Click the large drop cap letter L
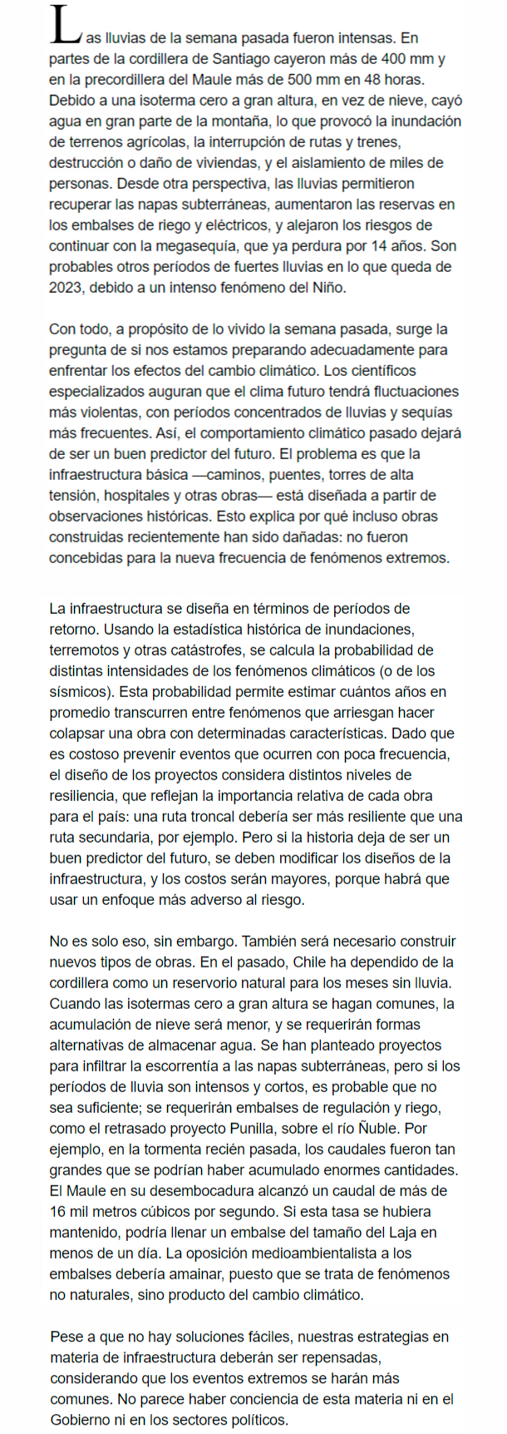click(x=63, y=27)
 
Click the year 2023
click(x=67, y=288)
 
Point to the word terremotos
click(x=88, y=650)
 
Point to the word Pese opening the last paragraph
click(x=66, y=1338)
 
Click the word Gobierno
click(x=83, y=1421)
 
